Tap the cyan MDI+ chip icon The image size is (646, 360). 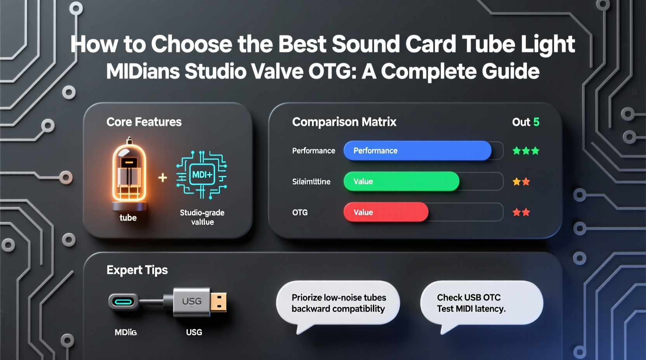(x=202, y=175)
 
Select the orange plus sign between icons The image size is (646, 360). (x=163, y=178)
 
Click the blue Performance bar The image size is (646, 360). (x=417, y=151)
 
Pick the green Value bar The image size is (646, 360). (x=401, y=181)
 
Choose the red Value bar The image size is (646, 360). (x=386, y=212)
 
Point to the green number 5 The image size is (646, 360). (x=536, y=122)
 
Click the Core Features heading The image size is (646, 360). (x=144, y=122)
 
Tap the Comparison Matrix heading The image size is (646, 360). (x=344, y=122)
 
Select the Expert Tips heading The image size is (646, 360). (x=137, y=270)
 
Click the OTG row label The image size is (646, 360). (x=300, y=212)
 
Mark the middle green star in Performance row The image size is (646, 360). (x=526, y=151)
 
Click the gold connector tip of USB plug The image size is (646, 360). (x=219, y=302)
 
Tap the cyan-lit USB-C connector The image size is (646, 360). (x=123, y=301)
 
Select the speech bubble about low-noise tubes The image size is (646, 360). (x=338, y=303)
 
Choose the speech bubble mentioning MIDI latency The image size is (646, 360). (x=481, y=303)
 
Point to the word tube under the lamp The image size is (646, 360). (x=128, y=218)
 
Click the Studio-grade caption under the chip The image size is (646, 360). (x=202, y=213)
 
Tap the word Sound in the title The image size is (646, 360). (x=366, y=44)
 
